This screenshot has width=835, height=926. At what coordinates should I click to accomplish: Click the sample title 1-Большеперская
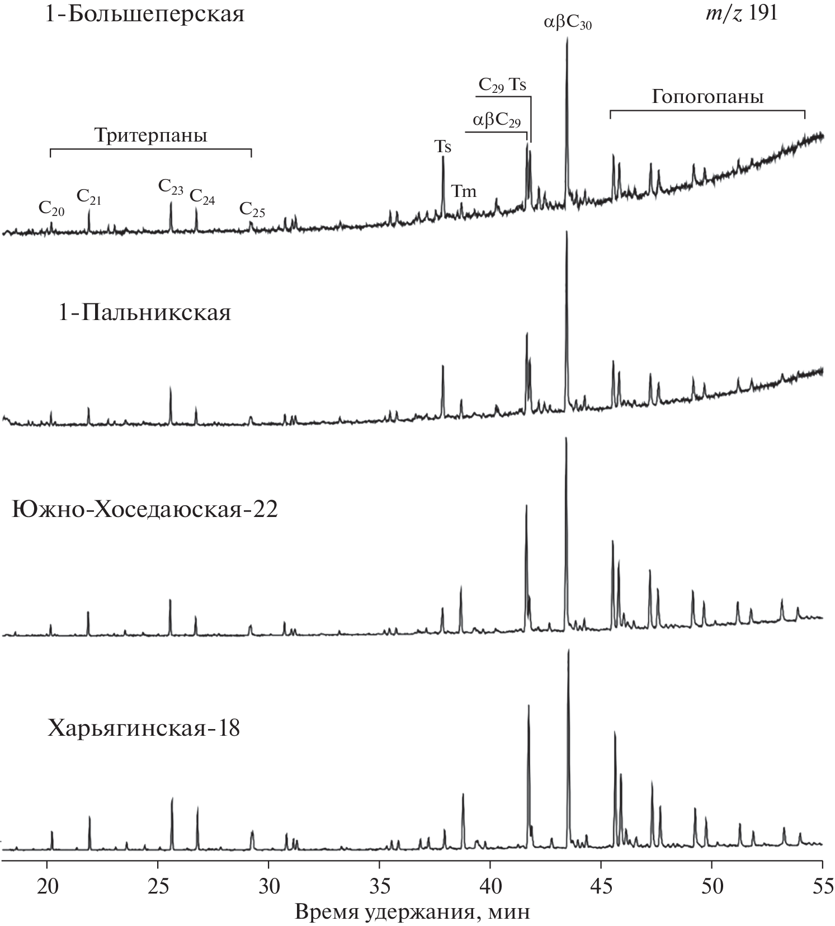[x=146, y=13]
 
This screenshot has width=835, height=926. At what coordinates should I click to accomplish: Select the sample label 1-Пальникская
[x=145, y=312]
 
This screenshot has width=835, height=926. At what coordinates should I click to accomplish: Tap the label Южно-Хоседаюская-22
[x=145, y=510]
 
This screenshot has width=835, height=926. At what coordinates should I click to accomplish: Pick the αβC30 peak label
[x=568, y=23]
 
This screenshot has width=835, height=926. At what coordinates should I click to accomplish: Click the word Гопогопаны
[x=707, y=97]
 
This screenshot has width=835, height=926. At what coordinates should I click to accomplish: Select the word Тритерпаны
[x=150, y=136]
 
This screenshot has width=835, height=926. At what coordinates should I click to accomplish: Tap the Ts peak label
[x=443, y=147]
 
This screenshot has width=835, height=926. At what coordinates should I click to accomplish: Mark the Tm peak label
[x=464, y=191]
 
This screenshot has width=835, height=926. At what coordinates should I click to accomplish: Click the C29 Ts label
[x=502, y=85]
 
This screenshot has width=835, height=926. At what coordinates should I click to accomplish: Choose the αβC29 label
[x=497, y=120]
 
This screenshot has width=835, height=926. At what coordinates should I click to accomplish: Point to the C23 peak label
[x=171, y=187]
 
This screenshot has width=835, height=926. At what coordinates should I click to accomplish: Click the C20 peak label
[x=51, y=209]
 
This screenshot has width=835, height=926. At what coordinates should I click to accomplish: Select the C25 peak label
[x=252, y=209]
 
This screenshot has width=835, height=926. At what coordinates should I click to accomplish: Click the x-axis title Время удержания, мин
[x=412, y=912]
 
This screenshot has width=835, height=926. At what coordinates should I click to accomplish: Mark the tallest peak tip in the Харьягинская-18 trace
[x=568, y=650]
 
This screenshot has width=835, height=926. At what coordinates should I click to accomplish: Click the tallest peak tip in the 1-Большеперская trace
[x=567, y=38]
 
